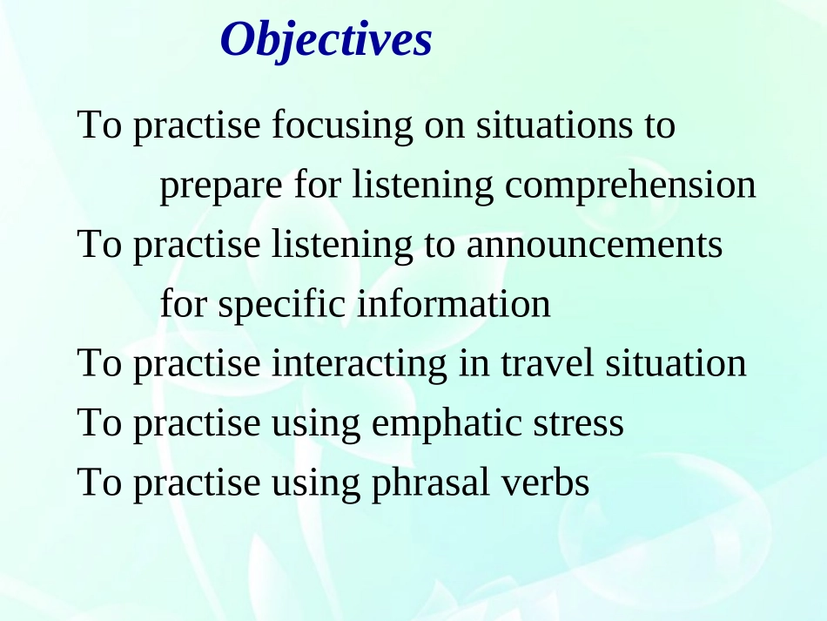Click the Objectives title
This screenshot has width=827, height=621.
pos(326,40)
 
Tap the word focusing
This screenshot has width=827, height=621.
pos(342,126)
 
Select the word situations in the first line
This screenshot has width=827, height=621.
pos(555,125)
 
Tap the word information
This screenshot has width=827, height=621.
pos(454,303)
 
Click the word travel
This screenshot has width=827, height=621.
pos(547,363)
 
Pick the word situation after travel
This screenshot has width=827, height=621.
pos(676,363)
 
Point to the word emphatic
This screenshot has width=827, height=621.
pos(447,424)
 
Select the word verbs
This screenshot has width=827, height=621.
pos(545,483)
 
